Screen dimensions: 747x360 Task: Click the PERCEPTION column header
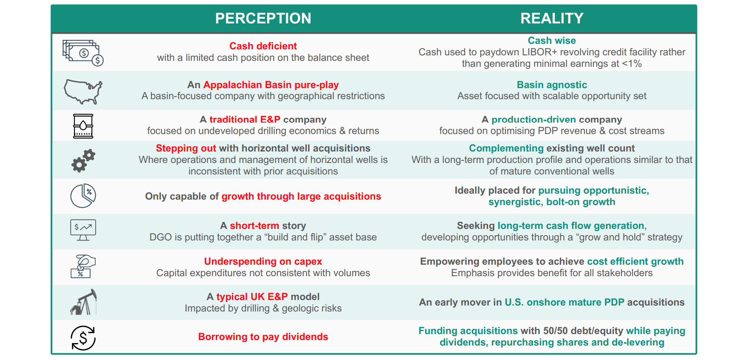[x=263, y=18]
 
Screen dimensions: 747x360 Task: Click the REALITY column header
[x=552, y=18]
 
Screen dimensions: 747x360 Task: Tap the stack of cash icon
[x=83, y=53]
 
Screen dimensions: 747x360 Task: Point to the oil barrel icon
[x=83, y=126]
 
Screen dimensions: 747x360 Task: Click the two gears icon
[x=83, y=160]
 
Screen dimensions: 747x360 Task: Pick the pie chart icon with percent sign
[x=83, y=196]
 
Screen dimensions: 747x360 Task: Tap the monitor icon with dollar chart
[x=83, y=230]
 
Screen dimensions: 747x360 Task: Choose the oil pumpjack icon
[x=83, y=302]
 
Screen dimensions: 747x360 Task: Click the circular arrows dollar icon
[x=83, y=338]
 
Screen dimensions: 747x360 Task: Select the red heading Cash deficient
[x=263, y=46]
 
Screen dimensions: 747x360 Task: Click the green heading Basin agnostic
[x=552, y=85]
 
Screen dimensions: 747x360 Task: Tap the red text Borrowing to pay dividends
[x=263, y=337]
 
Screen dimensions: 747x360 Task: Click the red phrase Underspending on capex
[x=263, y=261]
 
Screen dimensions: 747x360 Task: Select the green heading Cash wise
[x=552, y=40]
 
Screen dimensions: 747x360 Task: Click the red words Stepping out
[x=186, y=148]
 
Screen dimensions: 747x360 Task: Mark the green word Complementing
[x=506, y=148]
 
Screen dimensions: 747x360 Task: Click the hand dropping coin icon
[x=83, y=266]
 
